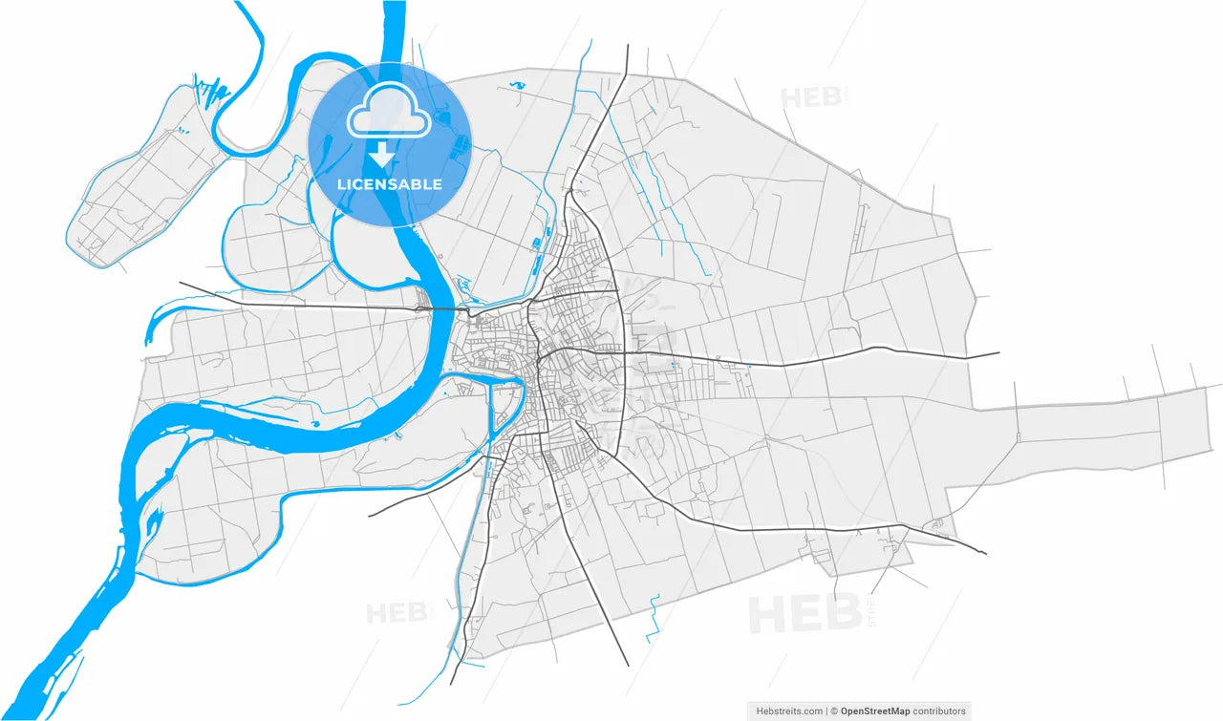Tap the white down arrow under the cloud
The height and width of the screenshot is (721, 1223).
tap(382, 155)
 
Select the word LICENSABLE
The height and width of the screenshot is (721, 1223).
tap(390, 184)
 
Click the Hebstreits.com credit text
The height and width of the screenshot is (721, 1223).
tap(789, 710)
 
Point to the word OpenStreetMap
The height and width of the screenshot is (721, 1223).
tap(874, 710)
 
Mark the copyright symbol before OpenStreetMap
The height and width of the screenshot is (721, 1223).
tap(834, 710)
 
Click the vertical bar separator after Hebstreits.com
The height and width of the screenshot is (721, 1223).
tap(826, 710)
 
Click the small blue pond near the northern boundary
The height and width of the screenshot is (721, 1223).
tap(518, 85)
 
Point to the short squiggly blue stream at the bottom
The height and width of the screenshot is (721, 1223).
tap(654, 619)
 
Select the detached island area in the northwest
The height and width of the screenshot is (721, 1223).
tap(143, 186)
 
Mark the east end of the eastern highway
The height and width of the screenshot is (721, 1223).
tap(997, 353)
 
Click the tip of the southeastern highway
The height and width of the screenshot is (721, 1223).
tap(985, 553)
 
